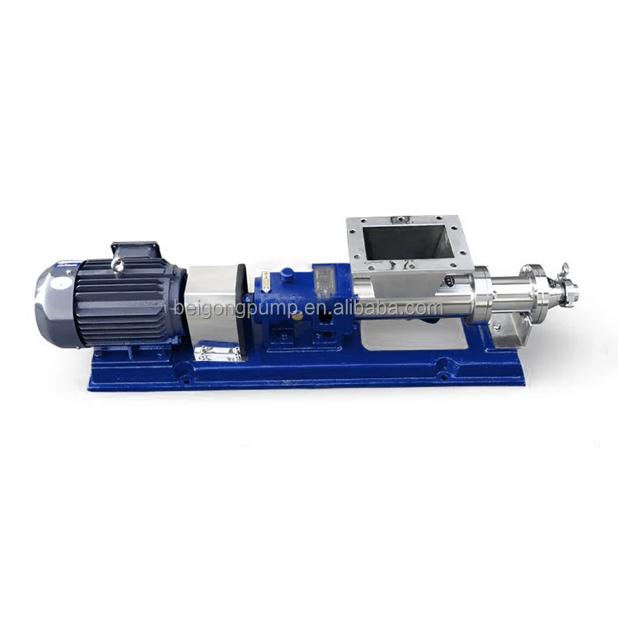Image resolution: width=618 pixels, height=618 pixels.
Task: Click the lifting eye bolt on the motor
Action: (118, 263)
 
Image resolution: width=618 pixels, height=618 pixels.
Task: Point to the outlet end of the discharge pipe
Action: (572, 292)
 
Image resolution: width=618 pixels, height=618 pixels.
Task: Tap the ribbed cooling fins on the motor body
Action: (124, 301)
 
